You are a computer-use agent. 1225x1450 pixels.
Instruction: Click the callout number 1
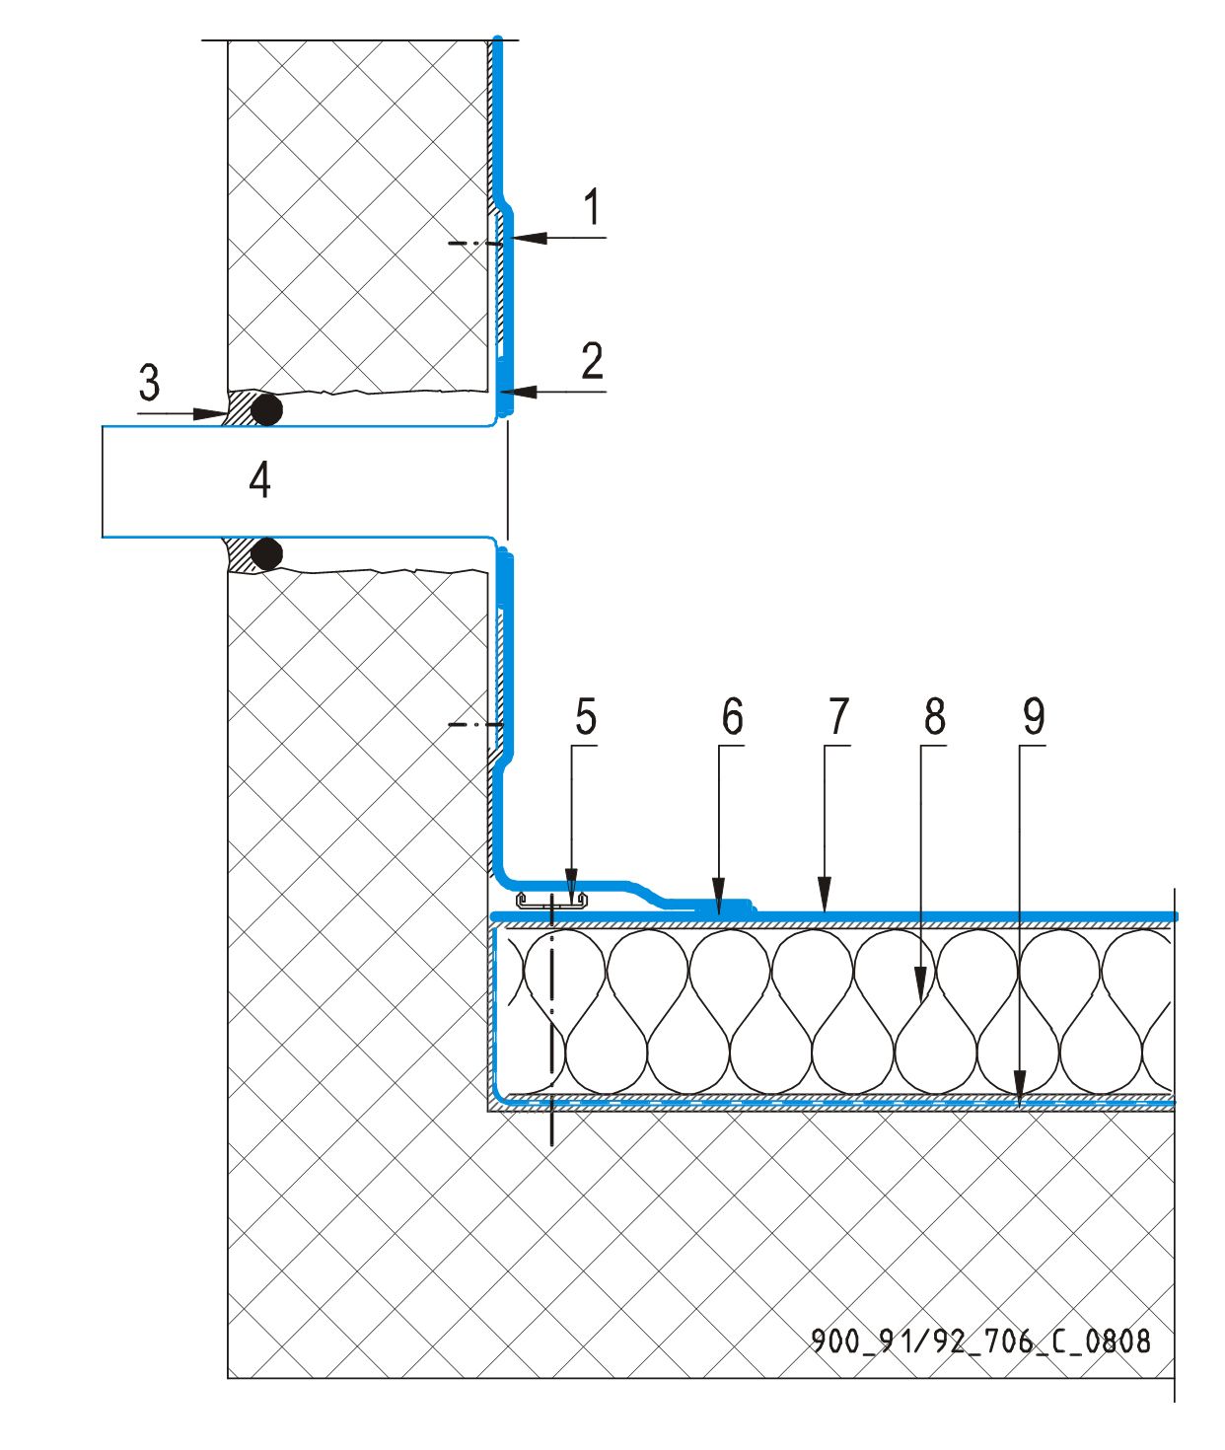592,208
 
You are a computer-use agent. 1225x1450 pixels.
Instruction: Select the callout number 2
592,362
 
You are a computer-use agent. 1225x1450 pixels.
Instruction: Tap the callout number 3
149,383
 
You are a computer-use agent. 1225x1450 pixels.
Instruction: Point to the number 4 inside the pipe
259,480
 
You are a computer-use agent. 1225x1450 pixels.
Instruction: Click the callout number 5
586,717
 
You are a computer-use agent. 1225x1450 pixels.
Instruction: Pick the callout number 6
732,717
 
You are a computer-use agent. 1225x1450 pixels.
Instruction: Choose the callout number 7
838,717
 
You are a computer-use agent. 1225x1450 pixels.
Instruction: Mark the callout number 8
935,717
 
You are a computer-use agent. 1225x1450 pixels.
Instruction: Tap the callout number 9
1033,717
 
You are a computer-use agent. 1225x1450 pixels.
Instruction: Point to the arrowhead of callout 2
520,392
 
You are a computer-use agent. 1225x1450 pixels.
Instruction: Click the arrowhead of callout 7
825,906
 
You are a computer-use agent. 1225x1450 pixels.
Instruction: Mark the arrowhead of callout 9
1020,1089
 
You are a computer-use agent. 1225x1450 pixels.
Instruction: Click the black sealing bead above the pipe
266,408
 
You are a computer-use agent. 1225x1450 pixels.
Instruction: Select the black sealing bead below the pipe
266,554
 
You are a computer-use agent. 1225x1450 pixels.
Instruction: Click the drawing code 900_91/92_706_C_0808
980,1341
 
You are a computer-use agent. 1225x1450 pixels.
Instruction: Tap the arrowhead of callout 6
719,906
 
